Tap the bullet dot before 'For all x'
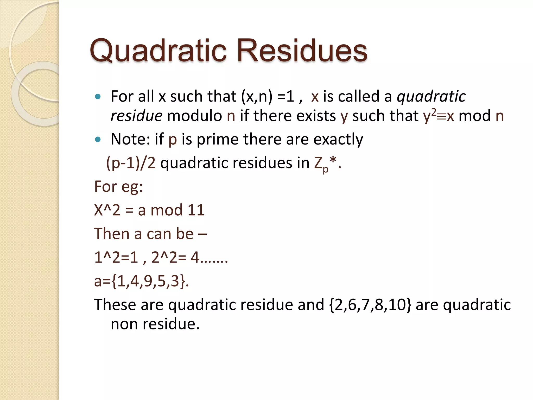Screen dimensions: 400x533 click(x=98, y=97)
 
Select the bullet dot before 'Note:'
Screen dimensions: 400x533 click(x=98, y=140)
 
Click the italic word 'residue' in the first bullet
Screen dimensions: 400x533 click(x=136, y=116)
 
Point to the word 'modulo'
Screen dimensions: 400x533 click(x=194, y=116)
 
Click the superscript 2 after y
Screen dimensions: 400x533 click(x=434, y=112)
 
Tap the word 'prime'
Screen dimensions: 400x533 click(x=217, y=139)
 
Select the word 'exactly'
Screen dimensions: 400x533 click(x=338, y=140)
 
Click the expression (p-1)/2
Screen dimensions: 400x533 click(x=131, y=163)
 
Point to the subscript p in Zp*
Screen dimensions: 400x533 click(x=325, y=169)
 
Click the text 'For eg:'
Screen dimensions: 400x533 click(x=118, y=186)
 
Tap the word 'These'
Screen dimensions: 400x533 click(x=115, y=305)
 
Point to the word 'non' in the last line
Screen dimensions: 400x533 click(x=124, y=324)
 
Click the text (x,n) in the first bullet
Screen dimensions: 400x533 click(x=257, y=97)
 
